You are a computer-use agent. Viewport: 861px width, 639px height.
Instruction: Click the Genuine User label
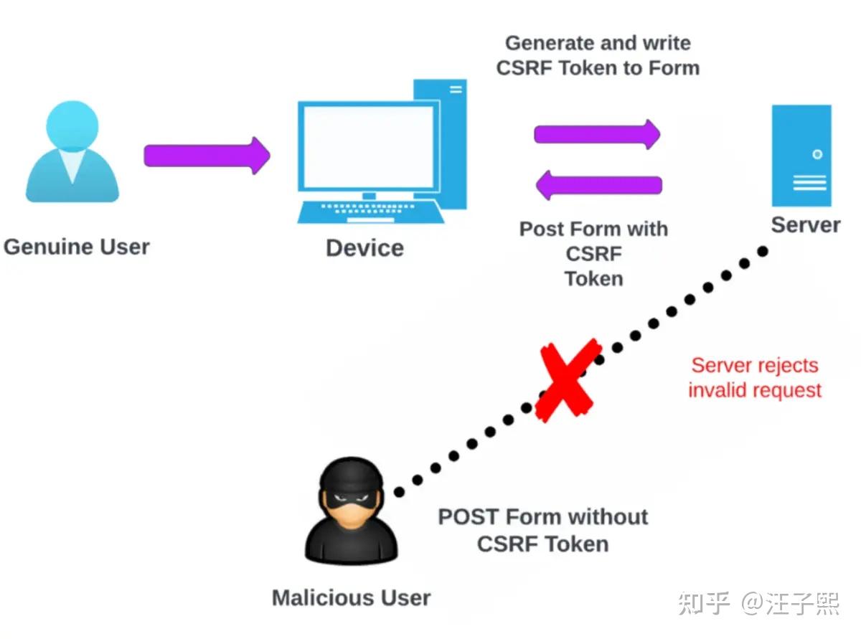click(x=77, y=247)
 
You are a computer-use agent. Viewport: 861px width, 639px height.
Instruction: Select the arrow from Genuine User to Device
click(x=207, y=155)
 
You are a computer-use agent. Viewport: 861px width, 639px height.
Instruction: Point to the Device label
click(x=364, y=248)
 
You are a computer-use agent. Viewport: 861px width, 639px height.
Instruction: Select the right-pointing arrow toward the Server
click(x=597, y=134)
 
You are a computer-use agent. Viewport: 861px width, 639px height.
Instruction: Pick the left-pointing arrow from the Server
click(x=599, y=186)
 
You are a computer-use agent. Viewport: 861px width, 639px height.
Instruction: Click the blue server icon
click(x=801, y=156)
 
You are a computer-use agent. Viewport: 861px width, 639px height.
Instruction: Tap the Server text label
click(x=805, y=225)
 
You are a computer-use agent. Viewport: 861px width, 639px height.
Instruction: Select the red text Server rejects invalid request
click(x=755, y=378)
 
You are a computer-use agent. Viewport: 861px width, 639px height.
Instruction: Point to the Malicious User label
click(x=351, y=597)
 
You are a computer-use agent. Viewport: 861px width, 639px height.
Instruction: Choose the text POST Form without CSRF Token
click(x=543, y=530)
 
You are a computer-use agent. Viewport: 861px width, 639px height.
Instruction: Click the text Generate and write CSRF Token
click(x=598, y=55)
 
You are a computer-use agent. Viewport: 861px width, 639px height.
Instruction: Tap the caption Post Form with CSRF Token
click(x=593, y=253)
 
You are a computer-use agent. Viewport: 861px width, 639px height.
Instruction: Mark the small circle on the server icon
click(x=817, y=154)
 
